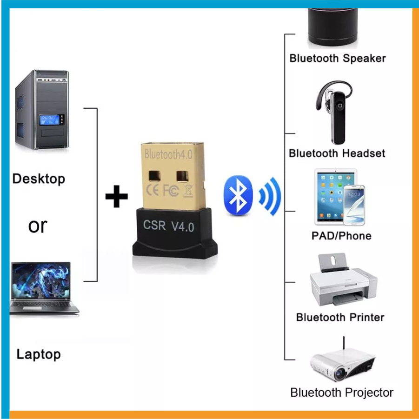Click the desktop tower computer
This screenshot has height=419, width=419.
tap(42, 110)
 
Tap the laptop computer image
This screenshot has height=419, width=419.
tap(44, 288)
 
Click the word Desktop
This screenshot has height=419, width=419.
tap(39, 179)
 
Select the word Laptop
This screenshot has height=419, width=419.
tap(39, 355)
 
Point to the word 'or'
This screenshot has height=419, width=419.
tap(38, 226)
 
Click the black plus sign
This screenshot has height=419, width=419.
tap(117, 196)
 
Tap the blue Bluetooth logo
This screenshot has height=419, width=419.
tap(238, 195)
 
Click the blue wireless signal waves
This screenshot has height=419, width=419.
tap(270, 196)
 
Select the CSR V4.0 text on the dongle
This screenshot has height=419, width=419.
tap(169, 226)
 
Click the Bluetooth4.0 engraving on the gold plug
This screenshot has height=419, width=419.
tap(168, 154)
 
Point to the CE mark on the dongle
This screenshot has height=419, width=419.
tap(153, 190)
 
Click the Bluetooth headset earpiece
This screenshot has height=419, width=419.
tap(334, 112)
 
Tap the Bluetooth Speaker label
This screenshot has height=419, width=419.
tap(338, 59)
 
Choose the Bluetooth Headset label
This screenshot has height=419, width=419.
tap(337, 153)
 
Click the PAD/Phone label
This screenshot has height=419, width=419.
tap(341, 236)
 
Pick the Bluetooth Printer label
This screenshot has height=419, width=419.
tap(340, 318)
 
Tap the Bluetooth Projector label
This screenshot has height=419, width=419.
tap(342, 393)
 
